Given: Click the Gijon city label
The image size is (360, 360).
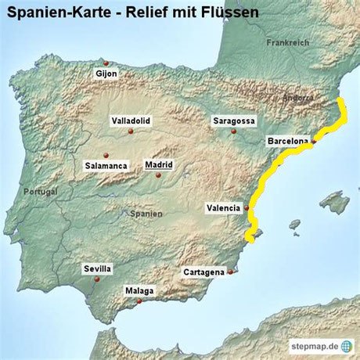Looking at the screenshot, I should [106, 74].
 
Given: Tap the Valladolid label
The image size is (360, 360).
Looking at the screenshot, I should [131, 121].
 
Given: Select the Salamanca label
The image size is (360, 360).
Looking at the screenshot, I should [106, 166].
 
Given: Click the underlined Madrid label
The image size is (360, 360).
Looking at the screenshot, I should [159, 165].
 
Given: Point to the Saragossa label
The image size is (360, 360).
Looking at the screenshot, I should [234, 121].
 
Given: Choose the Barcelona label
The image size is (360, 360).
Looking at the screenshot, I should [286, 141].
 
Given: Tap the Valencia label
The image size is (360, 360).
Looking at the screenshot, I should [224, 208].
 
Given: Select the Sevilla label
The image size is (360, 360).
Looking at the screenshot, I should [98, 268].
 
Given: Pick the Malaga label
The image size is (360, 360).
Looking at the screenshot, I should [139, 291].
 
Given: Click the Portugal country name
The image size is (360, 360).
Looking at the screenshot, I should [41, 192].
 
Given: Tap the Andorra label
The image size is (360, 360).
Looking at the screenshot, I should [300, 99].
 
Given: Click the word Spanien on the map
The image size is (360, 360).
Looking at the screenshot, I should [146, 213].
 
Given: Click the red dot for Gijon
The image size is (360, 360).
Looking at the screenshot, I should [106, 63].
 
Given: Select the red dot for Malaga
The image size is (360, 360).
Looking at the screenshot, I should [139, 301].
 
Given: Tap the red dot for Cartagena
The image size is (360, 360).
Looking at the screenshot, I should [230, 272].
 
